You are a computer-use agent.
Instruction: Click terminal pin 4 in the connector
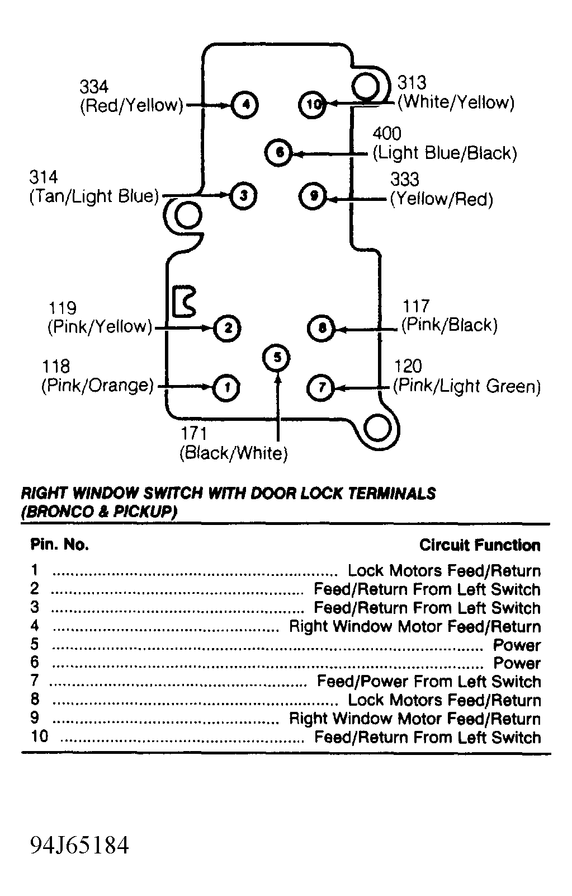tap(245, 105)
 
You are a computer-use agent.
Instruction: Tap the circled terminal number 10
tap(313, 104)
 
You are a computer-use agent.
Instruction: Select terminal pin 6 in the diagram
tap(280, 152)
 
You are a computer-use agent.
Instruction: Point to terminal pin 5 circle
tap(277, 357)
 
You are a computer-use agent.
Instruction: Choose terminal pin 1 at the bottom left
tap(226, 387)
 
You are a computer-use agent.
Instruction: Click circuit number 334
tap(94, 87)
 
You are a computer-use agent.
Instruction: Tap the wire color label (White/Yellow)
tap(456, 102)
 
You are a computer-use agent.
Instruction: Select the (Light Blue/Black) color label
tap(445, 153)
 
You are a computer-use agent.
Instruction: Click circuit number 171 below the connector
tap(193, 433)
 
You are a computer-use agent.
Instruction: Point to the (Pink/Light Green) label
tap(467, 386)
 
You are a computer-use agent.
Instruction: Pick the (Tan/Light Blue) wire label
tap(94, 196)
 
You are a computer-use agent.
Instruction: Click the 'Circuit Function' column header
tap(480, 545)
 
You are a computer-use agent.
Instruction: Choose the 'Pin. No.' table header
tap(59, 545)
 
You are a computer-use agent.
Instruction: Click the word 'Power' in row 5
tap(517, 645)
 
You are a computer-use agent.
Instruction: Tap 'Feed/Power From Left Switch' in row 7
tap(429, 682)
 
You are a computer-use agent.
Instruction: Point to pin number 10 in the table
tap(40, 736)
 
